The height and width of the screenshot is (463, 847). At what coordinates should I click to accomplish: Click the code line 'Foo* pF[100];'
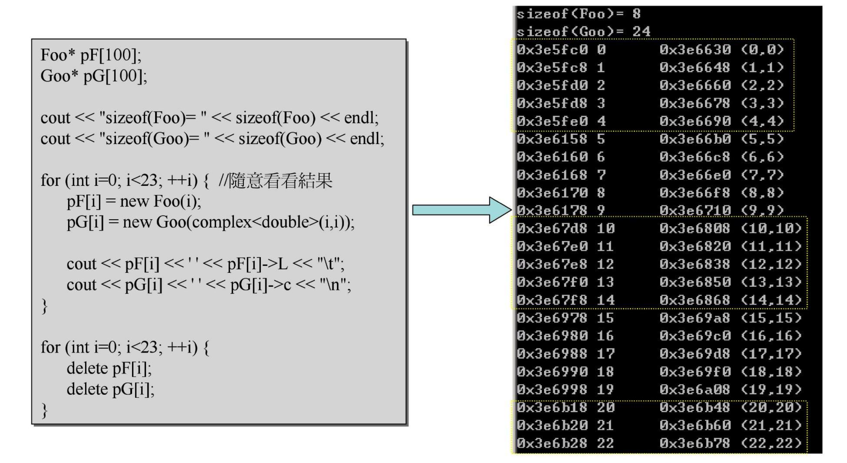(x=91, y=55)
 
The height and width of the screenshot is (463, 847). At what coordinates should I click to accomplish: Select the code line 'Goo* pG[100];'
(x=93, y=76)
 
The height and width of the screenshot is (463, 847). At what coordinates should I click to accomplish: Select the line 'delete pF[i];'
(x=109, y=368)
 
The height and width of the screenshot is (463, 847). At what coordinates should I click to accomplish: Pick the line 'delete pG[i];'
(x=110, y=389)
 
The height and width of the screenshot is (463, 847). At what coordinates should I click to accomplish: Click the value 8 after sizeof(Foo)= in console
(x=636, y=14)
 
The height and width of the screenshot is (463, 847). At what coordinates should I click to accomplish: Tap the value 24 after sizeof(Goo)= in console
(x=641, y=31)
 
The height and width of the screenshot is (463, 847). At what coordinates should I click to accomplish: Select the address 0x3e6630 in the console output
(x=695, y=49)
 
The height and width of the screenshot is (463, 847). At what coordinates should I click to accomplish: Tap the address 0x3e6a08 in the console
(x=695, y=389)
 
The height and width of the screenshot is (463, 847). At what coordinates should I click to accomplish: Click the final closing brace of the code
(x=44, y=410)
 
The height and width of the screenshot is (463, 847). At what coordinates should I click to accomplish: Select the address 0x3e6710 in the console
(x=695, y=210)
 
